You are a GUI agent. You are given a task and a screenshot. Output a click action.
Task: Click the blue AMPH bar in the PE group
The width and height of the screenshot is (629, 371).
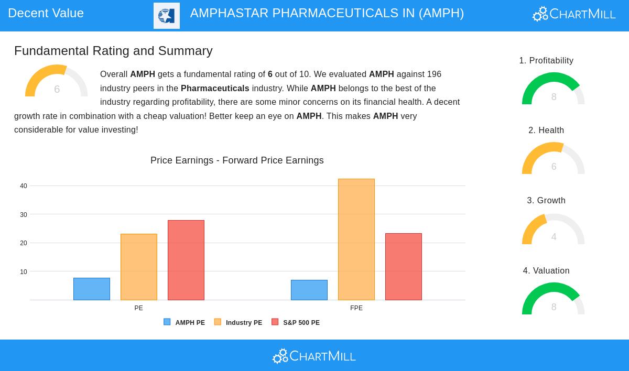coord(92,289)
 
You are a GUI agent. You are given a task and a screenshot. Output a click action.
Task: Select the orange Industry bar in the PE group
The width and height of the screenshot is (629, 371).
coord(139,267)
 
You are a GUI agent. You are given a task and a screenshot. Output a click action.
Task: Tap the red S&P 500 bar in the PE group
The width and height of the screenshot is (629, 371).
coord(186,260)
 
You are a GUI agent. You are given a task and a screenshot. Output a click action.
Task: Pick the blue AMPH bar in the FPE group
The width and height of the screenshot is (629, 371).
coord(309,290)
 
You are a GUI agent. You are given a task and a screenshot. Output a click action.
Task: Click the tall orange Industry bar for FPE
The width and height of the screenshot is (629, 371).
coord(356,239)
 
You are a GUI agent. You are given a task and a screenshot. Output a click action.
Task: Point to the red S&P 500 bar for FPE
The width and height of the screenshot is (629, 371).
coord(404,267)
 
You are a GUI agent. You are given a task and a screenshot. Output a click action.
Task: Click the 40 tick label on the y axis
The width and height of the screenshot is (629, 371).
coord(24,186)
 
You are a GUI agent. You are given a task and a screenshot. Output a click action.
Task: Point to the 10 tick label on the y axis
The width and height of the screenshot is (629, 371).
coord(24,271)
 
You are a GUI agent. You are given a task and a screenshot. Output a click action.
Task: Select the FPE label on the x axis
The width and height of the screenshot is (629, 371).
coord(356,308)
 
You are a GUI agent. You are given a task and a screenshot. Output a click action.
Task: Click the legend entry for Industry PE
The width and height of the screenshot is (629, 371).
coord(238,322)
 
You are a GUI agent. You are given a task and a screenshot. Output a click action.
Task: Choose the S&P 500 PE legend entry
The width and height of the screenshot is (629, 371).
coord(296,322)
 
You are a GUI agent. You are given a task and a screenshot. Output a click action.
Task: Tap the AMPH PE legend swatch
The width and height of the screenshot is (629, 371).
coord(167,322)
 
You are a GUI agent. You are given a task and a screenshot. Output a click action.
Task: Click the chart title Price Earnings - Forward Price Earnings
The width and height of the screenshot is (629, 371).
coord(237,160)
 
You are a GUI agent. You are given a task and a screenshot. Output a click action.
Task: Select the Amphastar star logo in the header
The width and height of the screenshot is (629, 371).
coord(167,16)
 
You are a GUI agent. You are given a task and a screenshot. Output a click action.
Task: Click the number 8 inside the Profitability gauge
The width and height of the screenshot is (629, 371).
coord(554,97)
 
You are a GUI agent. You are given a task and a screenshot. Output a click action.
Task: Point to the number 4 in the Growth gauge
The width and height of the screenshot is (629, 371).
coord(554,236)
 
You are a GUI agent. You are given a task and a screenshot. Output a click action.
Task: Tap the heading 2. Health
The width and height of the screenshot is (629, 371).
coord(546,130)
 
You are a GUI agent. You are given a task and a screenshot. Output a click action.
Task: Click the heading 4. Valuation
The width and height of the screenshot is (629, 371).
coord(546,270)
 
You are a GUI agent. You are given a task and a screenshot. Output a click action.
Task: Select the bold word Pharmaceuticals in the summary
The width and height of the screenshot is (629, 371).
coord(215,88)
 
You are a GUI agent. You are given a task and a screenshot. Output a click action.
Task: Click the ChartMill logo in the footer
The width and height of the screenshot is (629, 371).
coord(314,356)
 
